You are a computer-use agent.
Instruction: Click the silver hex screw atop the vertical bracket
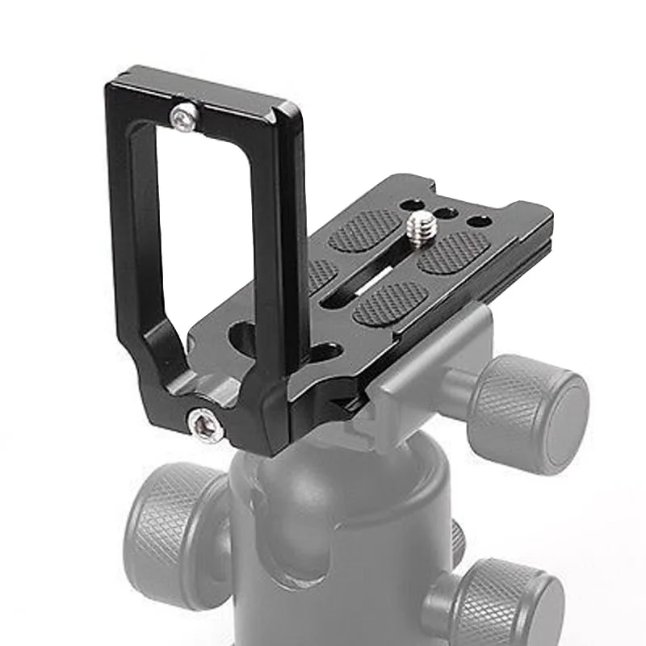point(182,119)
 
